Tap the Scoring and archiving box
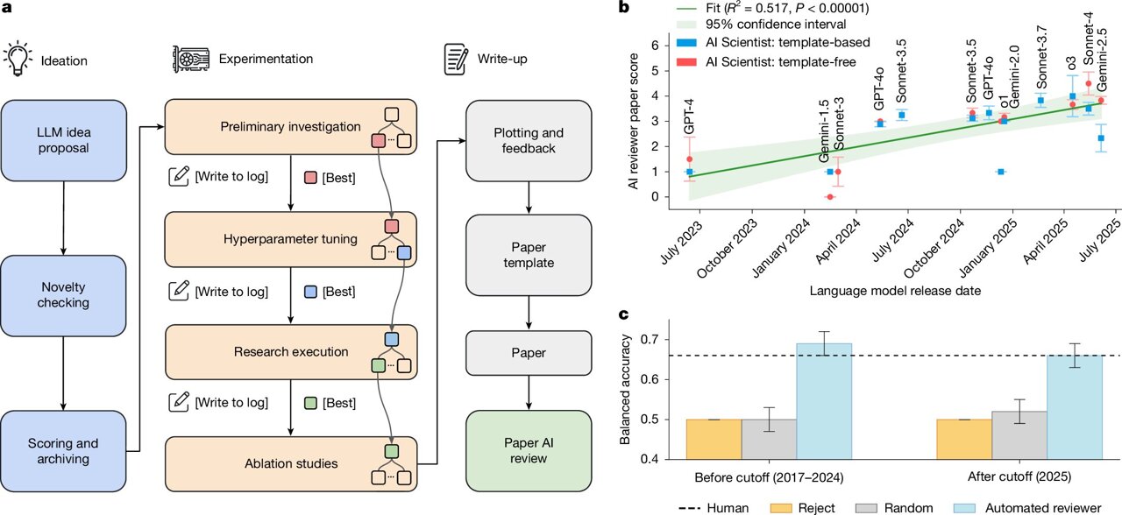pyautogui.click(x=66, y=450)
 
